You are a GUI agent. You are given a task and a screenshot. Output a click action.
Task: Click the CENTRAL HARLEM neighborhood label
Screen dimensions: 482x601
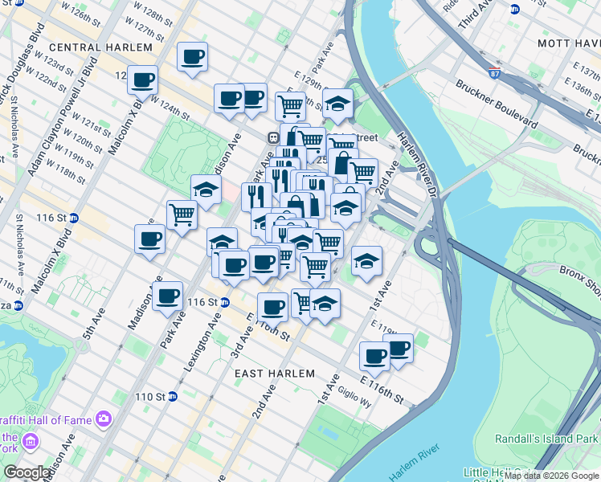[x=100, y=47]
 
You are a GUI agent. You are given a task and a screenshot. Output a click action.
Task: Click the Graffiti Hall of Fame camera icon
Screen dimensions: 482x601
[x=103, y=419]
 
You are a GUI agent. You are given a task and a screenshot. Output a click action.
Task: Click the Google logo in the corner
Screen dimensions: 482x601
[x=27, y=472]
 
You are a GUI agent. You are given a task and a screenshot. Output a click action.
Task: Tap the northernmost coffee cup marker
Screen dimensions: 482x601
[x=192, y=56]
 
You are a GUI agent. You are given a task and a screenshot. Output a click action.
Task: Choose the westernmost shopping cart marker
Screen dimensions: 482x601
[x=182, y=214]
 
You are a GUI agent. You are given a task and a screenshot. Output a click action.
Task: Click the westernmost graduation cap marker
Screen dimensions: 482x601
[x=206, y=190]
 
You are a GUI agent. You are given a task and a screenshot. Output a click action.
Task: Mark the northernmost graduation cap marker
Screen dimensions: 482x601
[x=337, y=102]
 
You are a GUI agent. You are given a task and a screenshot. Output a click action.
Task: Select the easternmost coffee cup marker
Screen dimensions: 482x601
[x=398, y=349]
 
